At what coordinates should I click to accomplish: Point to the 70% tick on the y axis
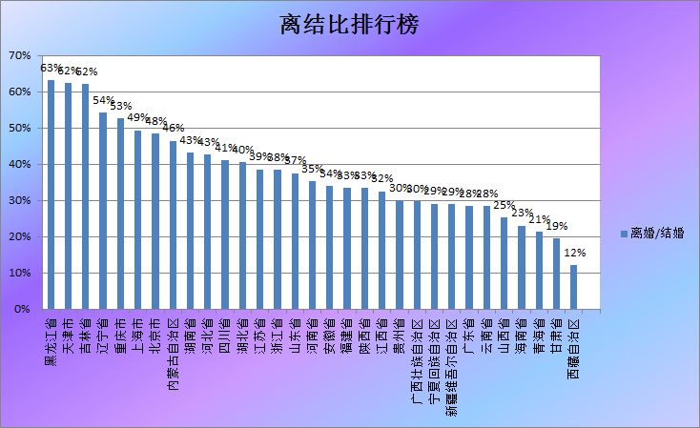pyautogui.click(x=20, y=56)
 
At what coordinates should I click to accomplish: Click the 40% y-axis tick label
pyautogui.click(x=20, y=165)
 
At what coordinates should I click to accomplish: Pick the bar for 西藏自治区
pyautogui.click(x=573, y=287)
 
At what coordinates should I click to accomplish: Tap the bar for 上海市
pyautogui.click(x=137, y=219)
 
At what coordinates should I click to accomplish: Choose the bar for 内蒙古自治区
pyautogui.click(x=173, y=225)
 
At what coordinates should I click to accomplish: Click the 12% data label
pyautogui.click(x=574, y=253)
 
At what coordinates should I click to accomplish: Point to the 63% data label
pyautogui.click(x=50, y=68)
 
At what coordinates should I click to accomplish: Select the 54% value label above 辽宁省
pyautogui.click(x=103, y=100)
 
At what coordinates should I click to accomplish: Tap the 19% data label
pyautogui.click(x=556, y=226)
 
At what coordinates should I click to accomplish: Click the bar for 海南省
pyautogui.click(x=522, y=267)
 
